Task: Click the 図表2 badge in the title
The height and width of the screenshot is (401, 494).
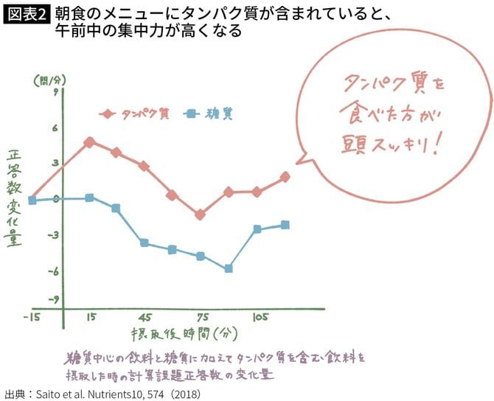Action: [27, 14]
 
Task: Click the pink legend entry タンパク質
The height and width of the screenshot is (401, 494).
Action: [136, 114]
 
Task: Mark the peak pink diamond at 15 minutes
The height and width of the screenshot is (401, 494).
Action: [89, 142]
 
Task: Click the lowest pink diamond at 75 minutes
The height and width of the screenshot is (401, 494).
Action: [200, 215]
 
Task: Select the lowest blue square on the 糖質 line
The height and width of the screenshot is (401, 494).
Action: [229, 269]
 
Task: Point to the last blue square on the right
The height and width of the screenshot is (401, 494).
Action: [285, 225]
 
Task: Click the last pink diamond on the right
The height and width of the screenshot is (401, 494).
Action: [285, 177]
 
